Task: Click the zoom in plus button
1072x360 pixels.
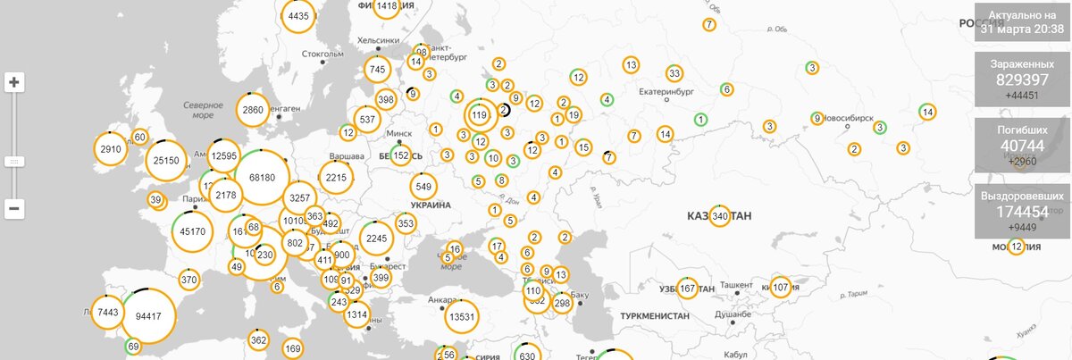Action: click(14, 83)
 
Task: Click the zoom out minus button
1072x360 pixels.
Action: click(14, 209)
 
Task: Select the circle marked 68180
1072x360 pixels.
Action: click(262, 177)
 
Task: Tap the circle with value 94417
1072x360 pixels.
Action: click(147, 316)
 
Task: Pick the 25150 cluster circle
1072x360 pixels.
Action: click(166, 161)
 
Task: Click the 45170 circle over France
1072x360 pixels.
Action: click(192, 231)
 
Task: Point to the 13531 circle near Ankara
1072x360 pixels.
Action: click(463, 316)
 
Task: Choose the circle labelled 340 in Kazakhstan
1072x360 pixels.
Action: click(720, 216)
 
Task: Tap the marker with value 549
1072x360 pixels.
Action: click(423, 187)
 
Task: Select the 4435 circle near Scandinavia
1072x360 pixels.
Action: click(298, 15)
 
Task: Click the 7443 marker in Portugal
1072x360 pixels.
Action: click(107, 312)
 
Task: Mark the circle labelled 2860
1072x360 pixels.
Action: click(253, 110)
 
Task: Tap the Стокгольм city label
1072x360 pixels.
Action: click(322, 54)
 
